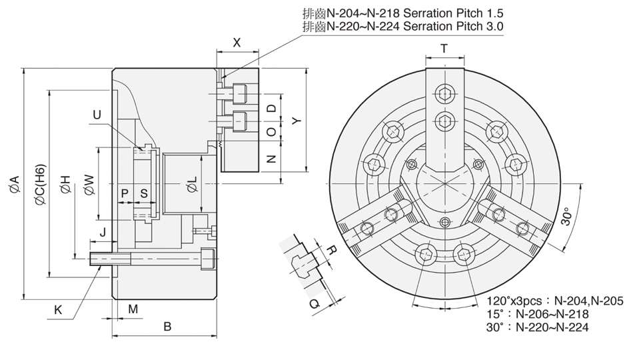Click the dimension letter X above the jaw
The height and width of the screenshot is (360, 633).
[x=237, y=42]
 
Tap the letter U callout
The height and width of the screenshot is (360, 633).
[x=97, y=115]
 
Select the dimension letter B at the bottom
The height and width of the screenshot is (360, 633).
[x=167, y=327]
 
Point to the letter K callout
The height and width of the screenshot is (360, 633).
[x=58, y=309]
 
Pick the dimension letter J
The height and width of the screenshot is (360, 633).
[x=102, y=232]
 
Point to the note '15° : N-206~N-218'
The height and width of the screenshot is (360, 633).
[x=538, y=313]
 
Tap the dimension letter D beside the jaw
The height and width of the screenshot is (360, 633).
[x=271, y=109]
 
